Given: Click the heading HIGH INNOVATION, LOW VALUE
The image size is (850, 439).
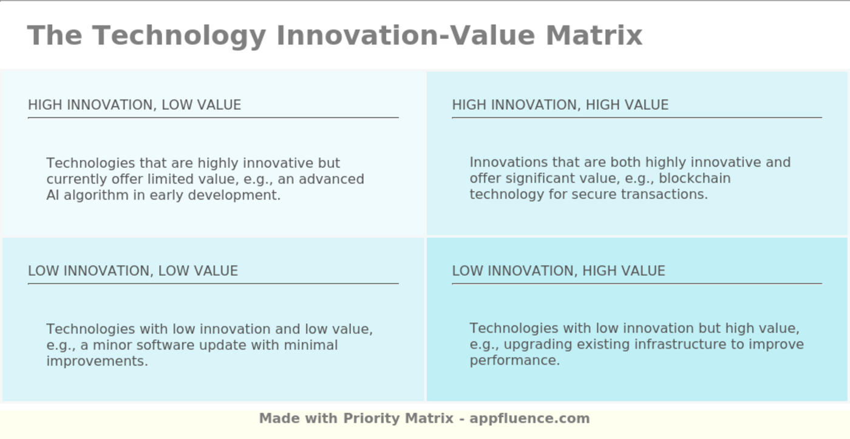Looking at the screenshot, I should (x=134, y=105).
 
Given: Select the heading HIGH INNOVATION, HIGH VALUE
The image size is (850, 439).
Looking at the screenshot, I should (x=560, y=105).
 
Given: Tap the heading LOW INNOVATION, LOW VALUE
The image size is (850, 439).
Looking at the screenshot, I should (x=133, y=271).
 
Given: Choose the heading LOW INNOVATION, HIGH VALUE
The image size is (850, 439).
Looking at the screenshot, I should (x=559, y=271).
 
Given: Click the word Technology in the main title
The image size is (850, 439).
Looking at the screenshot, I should (x=179, y=35).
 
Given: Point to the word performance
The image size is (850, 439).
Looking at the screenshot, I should (x=514, y=361).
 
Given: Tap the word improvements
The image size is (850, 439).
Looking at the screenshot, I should (x=97, y=361).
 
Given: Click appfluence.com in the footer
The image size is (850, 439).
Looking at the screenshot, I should (x=529, y=418).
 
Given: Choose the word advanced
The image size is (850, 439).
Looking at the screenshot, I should (x=331, y=179).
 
